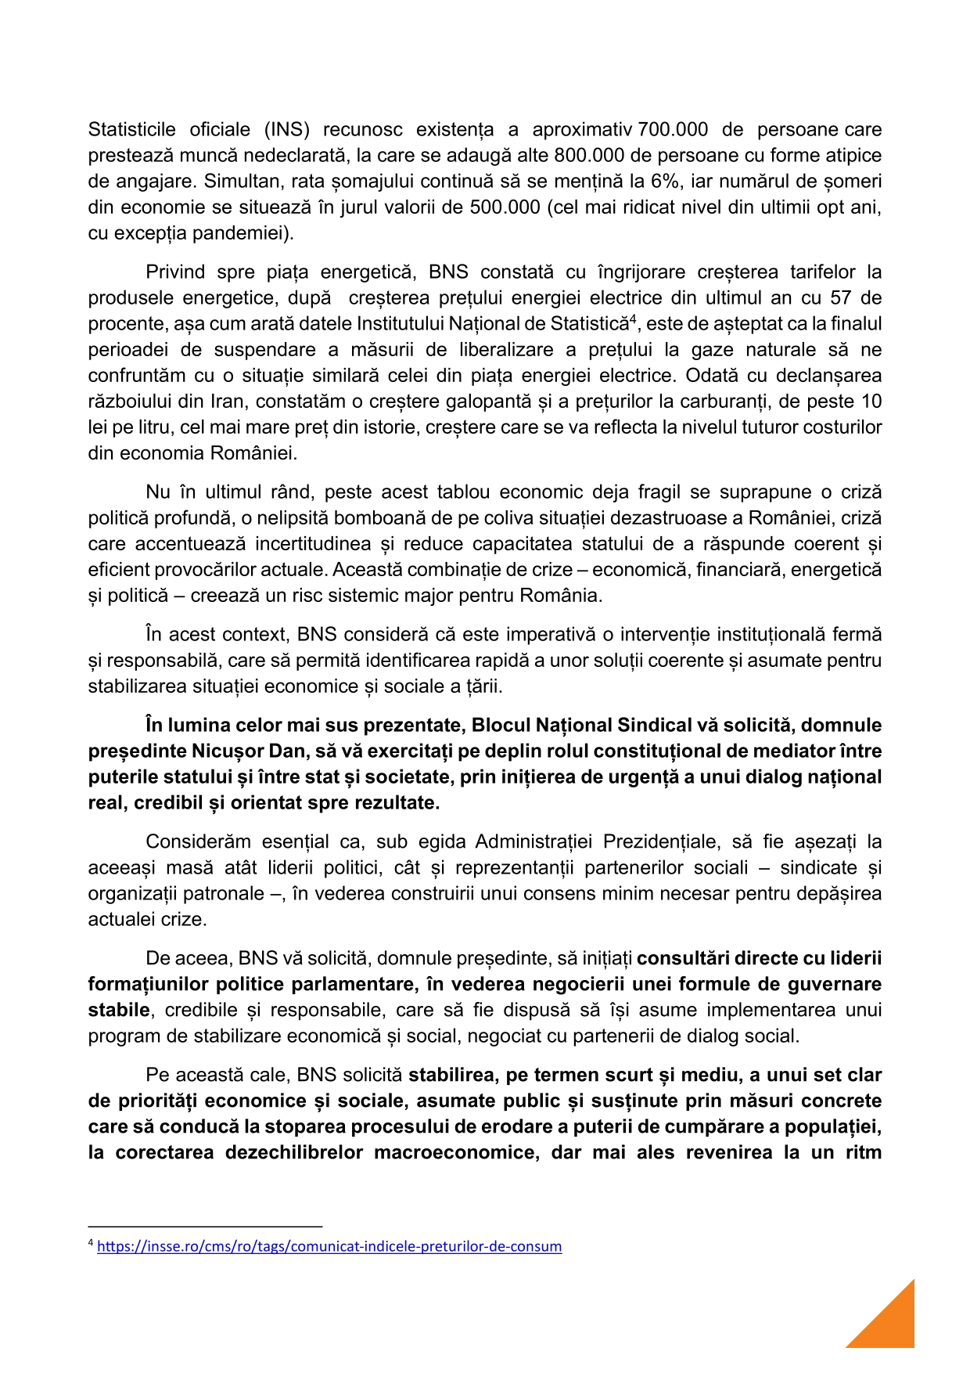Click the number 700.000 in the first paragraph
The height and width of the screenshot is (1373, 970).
click(x=673, y=130)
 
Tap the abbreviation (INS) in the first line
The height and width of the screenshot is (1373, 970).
click(x=287, y=130)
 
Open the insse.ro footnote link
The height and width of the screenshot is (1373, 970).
click(x=329, y=1246)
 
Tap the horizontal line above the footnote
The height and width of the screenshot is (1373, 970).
click(x=205, y=1227)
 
